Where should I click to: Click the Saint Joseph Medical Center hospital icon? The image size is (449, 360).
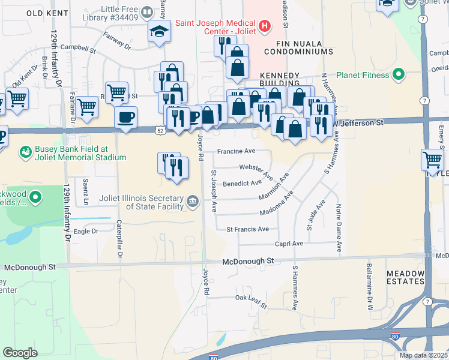point(265,26)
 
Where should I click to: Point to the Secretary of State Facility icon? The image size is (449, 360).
point(192,200)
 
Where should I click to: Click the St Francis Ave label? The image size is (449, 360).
point(247,229)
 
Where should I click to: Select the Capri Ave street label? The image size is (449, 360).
point(290,244)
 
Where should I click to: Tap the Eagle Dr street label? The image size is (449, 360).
point(85,231)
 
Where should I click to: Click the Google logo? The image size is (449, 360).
point(20,353)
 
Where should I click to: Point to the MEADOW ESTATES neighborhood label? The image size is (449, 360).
point(406,278)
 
